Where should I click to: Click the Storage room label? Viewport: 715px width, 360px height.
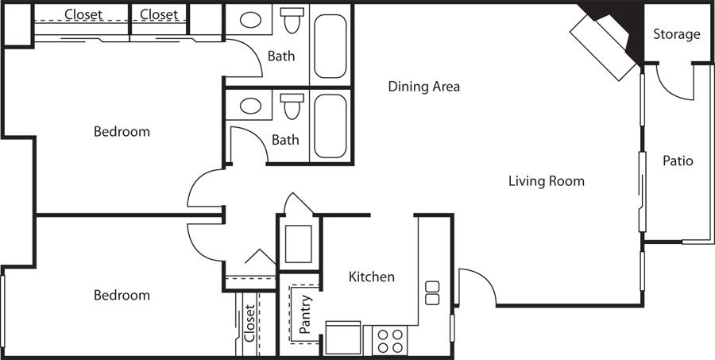(x=676, y=34)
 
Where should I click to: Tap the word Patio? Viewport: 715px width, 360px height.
(x=678, y=161)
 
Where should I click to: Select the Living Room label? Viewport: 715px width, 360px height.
(x=547, y=181)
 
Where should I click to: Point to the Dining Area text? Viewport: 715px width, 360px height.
(x=423, y=87)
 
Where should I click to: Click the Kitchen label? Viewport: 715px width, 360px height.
(x=372, y=277)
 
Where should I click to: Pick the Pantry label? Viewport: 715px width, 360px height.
(x=305, y=314)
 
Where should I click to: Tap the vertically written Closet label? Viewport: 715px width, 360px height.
(x=249, y=323)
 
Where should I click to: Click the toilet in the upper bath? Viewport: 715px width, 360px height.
(x=292, y=20)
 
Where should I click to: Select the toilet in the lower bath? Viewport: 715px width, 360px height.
(x=292, y=106)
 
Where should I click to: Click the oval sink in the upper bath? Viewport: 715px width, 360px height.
(x=250, y=20)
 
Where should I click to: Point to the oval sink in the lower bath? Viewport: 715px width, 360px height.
(x=250, y=106)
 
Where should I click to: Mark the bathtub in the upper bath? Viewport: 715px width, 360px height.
(x=330, y=46)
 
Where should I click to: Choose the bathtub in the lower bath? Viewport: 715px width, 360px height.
(x=330, y=126)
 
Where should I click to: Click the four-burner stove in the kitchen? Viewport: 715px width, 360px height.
(x=390, y=340)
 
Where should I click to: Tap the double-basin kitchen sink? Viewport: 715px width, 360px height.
(x=432, y=293)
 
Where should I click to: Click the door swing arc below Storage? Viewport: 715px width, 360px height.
(x=671, y=89)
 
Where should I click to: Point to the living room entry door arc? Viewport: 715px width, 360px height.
(x=481, y=279)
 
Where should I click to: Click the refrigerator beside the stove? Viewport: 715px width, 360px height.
(x=343, y=338)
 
